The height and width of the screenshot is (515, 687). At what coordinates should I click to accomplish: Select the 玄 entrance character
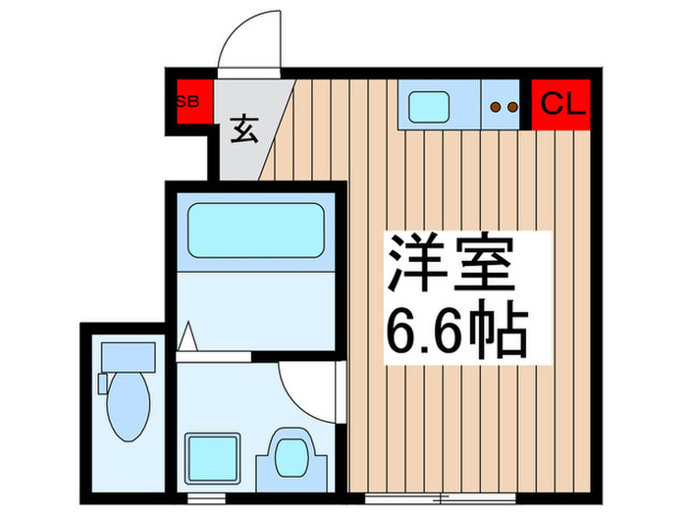244,128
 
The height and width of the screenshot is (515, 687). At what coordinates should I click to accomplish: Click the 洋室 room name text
450,264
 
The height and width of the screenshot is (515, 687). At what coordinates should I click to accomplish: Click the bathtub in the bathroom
255,232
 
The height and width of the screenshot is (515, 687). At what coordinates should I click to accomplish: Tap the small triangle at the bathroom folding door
188,339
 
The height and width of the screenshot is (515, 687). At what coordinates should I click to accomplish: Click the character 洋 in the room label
415,264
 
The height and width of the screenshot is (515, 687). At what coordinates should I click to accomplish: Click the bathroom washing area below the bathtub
255,304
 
